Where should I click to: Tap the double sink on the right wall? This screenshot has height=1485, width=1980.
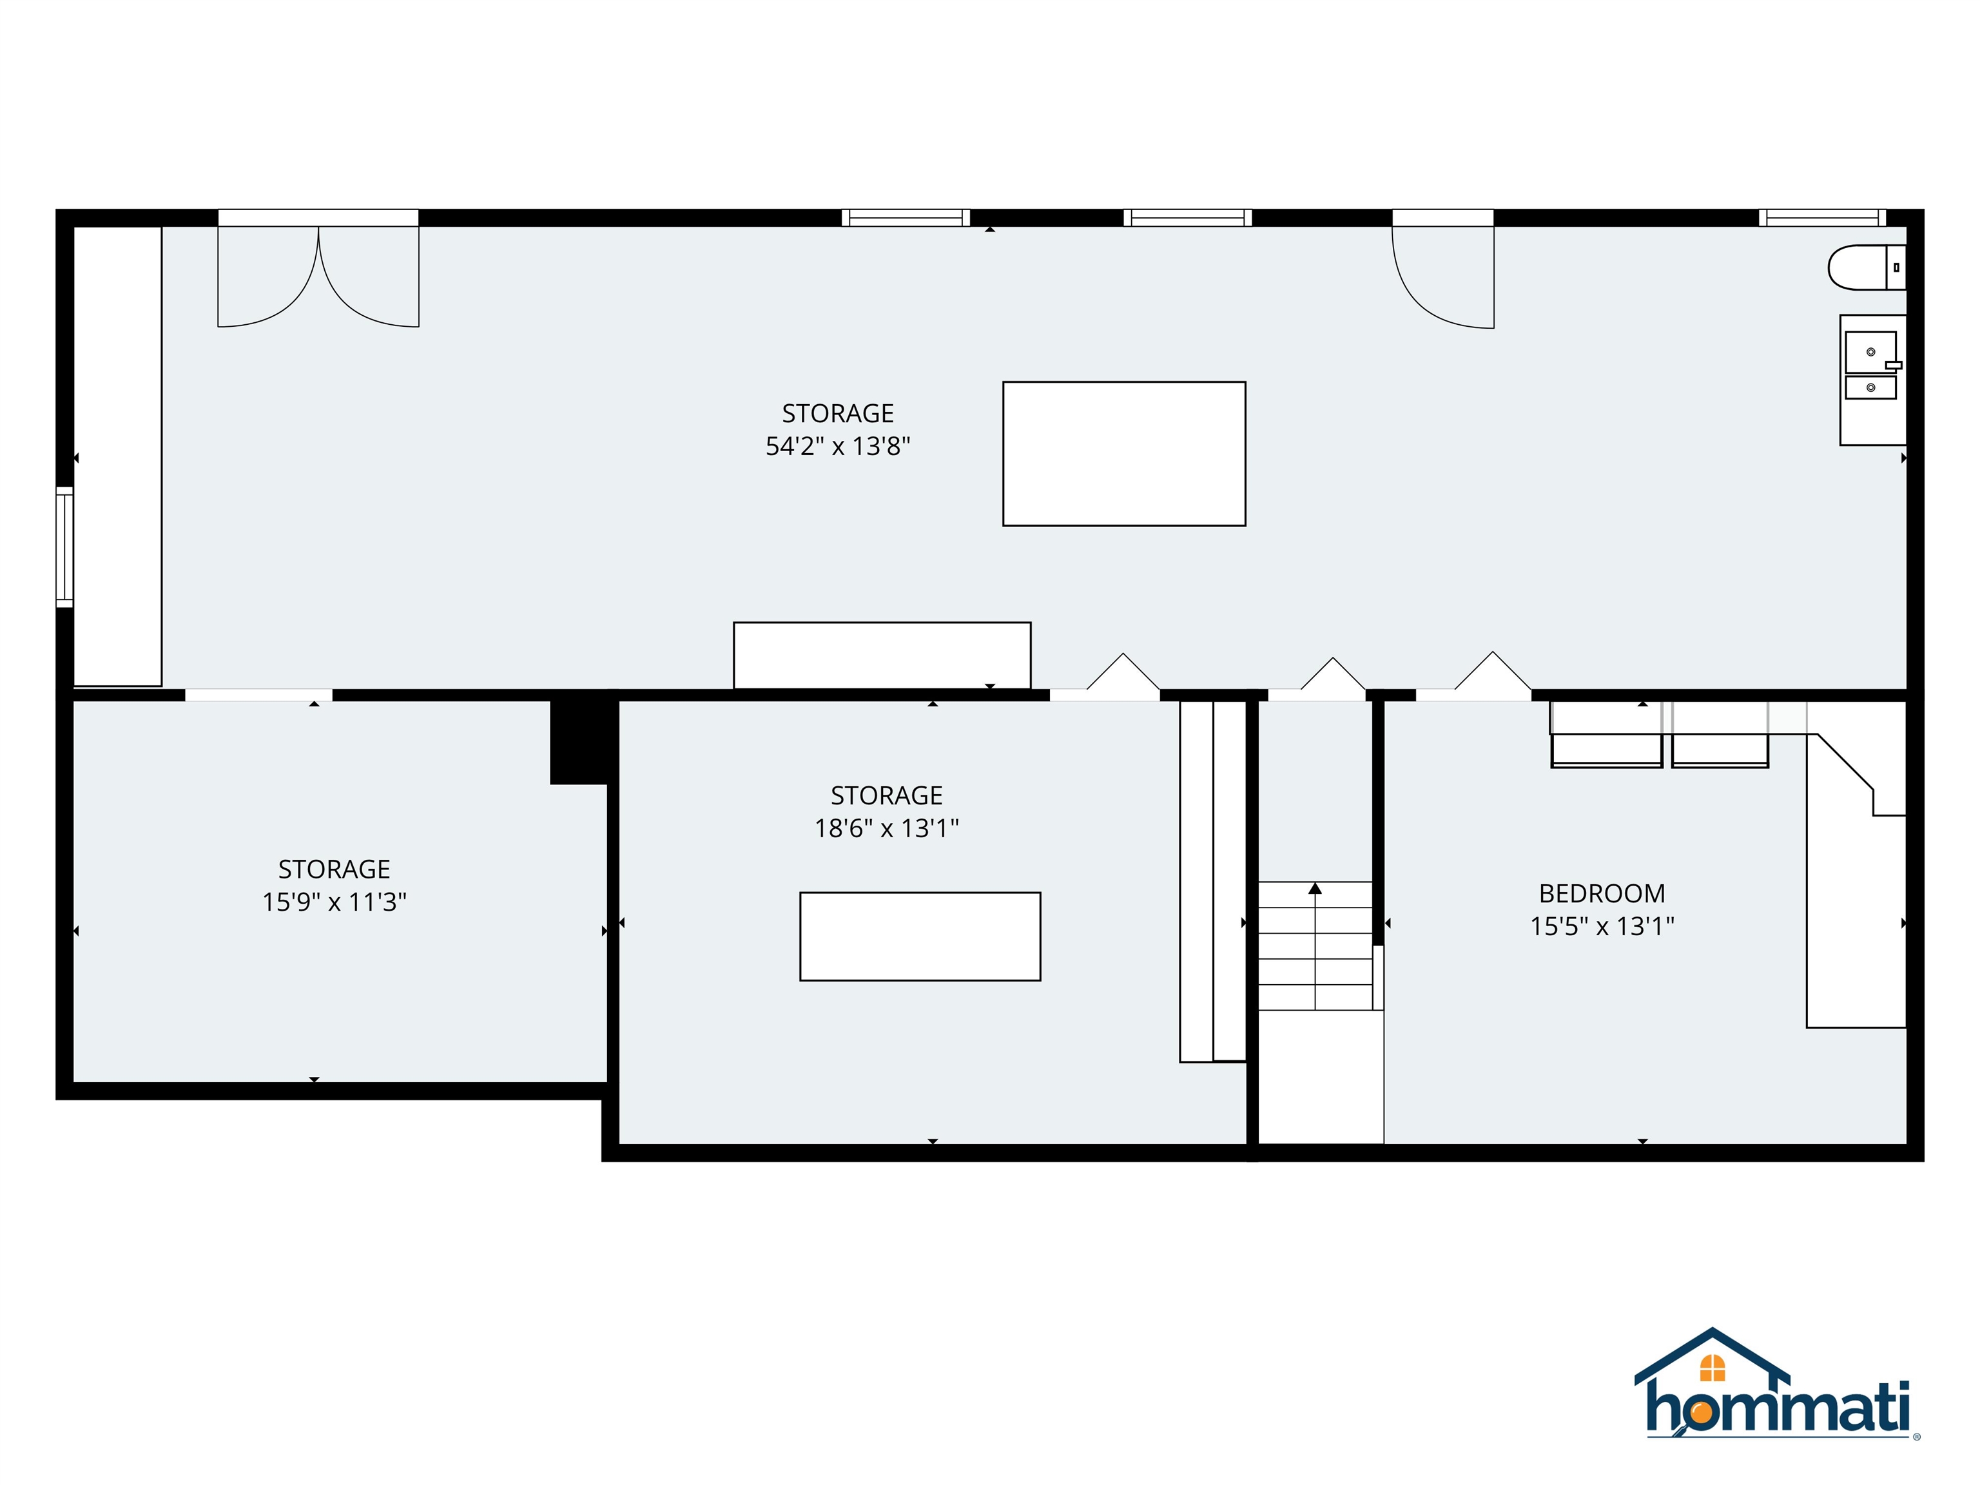pos(1871,366)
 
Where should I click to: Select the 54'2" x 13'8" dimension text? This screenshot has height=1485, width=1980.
pos(837,446)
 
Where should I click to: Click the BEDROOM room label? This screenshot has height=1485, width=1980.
pos(1602,893)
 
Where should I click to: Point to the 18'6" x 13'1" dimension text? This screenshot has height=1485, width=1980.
pos(886,828)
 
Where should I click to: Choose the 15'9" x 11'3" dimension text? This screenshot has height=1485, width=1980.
pos(334,902)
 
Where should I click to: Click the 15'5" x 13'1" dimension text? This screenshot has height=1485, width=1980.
pos(1602,926)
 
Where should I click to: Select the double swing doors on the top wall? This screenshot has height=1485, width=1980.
pos(318,273)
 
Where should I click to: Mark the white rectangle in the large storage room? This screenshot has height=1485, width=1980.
pos(1123,454)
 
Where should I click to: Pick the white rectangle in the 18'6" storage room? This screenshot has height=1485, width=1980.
pos(920,937)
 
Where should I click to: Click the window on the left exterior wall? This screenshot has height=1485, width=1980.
pos(64,547)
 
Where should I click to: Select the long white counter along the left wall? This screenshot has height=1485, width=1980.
pos(117,456)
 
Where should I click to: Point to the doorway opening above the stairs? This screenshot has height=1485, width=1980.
pos(1317,695)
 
